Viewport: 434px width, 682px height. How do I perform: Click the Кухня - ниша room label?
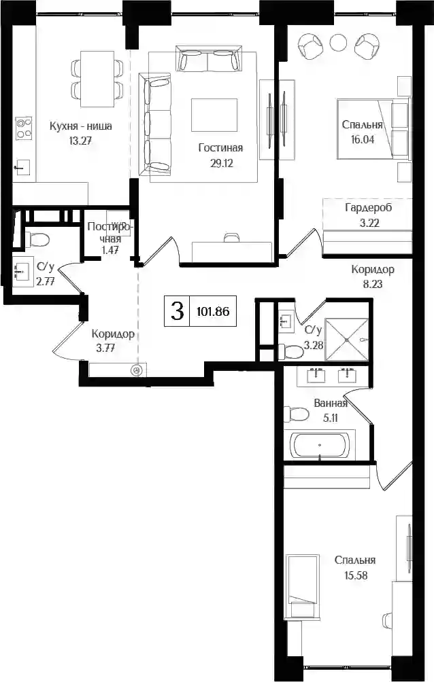(x=81, y=126)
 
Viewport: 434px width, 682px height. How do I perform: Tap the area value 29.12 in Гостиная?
(x=221, y=163)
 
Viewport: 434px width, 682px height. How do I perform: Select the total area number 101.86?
(x=213, y=311)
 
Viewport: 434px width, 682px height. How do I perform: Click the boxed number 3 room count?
(x=177, y=311)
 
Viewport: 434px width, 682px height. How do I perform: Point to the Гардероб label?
(x=368, y=207)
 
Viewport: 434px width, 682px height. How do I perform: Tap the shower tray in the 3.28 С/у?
(x=347, y=339)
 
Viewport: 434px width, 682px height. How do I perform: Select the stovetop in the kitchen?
(x=24, y=128)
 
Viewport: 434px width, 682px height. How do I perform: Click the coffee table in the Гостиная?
(x=214, y=115)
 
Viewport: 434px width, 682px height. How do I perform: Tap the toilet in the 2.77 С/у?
(x=37, y=239)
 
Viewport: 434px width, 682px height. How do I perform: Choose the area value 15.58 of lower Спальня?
(x=356, y=575)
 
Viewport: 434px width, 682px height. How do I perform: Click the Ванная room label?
(x=331, y=403)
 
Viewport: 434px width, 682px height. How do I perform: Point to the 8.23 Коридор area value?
(x=373, y=285)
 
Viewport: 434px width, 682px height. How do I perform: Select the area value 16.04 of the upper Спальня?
(x=363, y=140)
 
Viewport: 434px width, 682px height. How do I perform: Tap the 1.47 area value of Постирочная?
(x=110, y=250)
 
